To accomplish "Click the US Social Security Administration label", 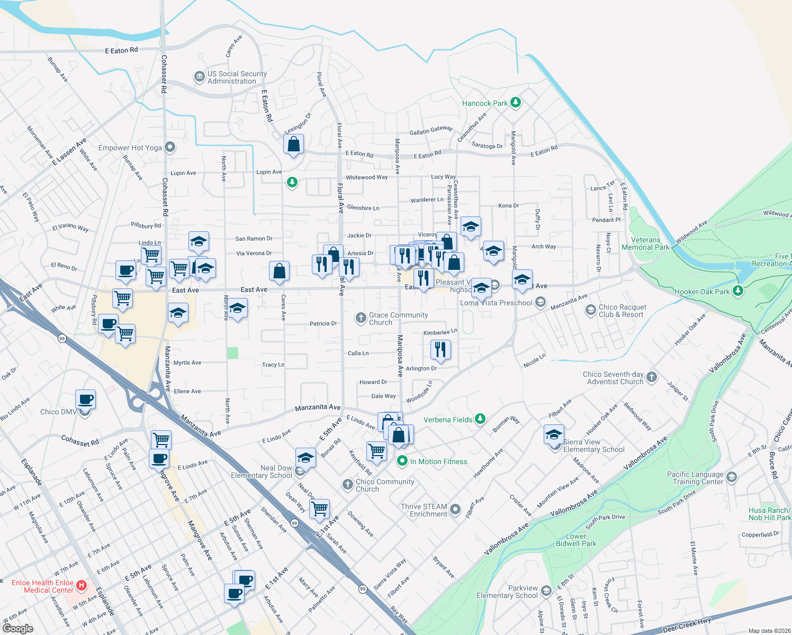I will pyautogui.click(x=237, y=77).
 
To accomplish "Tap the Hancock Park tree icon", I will pyautogui.click(x=516, y=103).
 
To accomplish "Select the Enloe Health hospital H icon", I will pyautogui.click(x=82, y=585).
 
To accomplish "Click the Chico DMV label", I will pyautogui.click(x=58, y=412).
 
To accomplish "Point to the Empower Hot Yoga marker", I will pyautogui.click(x=170, y=148).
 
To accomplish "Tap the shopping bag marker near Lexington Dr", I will pyautogui.click(x=293, y=144).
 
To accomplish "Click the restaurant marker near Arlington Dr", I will pyautogui.click(x=440, y=350).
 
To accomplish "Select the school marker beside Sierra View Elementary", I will pyautogui.click(x=554, y=435).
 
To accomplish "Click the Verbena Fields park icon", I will pyautogui.click(x=480, y=419).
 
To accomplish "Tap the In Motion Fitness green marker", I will pyautogui.click(x=402, y=461).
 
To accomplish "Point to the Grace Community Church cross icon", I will pyautogui.click(x=361, y=317).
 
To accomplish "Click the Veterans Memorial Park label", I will pyautogui.click(x=645, y=244).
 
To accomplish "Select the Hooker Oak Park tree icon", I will pyautogui.click(x=737, y=291).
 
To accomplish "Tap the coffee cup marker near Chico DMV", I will pyautogui.click(x=86, y=400).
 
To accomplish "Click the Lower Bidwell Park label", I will pyautogui.click(x=576, y=540).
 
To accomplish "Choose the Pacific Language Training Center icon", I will pyautogui.click(x=732, y=477).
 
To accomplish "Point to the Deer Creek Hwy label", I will pyautogui.click(x=687, y=625).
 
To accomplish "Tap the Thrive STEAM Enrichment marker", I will pyautogui.click(x=455, y=510).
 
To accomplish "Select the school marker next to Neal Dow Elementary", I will pyautogui.click(x=305, y=457).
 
